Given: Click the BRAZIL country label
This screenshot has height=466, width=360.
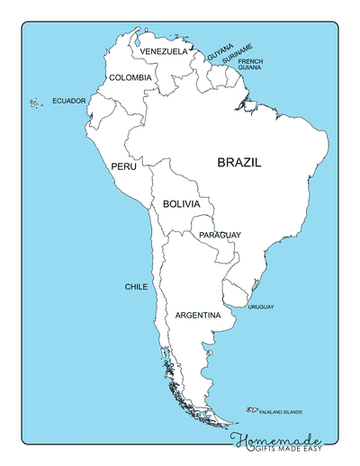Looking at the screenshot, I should (238, 163).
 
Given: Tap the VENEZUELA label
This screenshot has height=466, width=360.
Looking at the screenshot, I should (164, 52).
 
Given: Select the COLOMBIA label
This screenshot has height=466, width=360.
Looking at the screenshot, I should (130, 78).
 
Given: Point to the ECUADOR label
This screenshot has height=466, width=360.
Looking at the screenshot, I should (69, 101).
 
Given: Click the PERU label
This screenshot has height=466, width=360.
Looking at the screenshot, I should (123, 167).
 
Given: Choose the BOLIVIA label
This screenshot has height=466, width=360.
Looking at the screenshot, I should (181, 205).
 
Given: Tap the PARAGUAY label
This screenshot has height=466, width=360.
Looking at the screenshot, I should (220, 235).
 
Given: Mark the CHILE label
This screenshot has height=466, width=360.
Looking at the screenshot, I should (136, 287).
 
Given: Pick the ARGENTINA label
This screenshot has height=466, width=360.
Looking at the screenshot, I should (198, 316).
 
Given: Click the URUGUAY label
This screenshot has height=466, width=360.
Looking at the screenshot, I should (261, 308).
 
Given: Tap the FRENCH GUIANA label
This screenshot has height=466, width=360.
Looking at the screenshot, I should (251, 64).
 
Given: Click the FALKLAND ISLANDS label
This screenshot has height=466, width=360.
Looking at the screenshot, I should (281, 413).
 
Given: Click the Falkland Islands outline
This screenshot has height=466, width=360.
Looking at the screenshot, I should (249, 410).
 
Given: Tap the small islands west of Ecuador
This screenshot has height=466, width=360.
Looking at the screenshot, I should (36, 103).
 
